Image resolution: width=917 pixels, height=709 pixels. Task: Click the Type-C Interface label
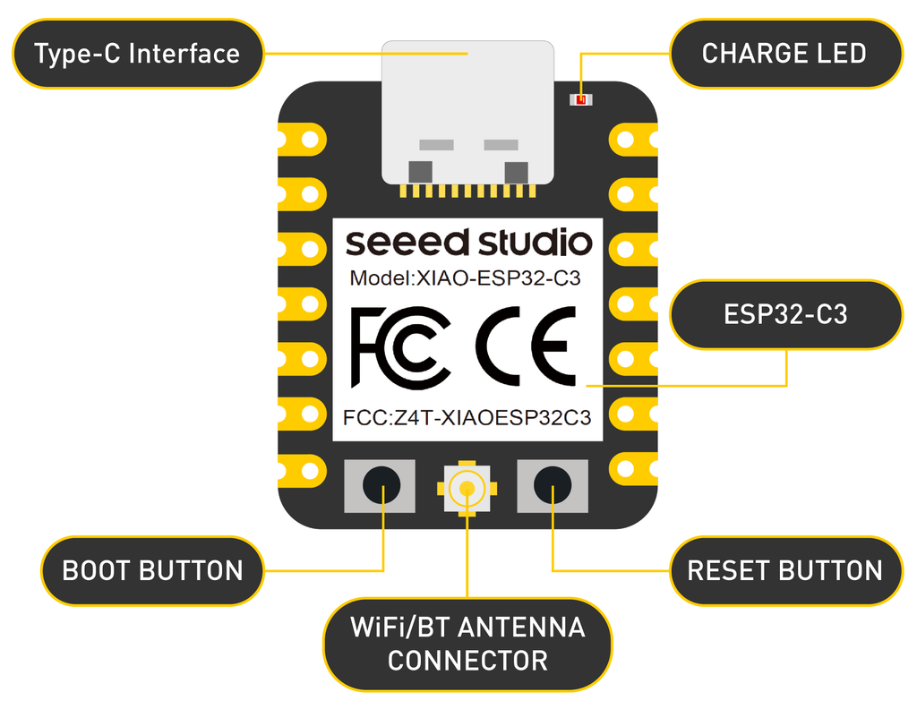137,54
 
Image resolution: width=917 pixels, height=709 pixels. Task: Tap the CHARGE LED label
784,54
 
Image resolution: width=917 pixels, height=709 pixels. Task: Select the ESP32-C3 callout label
785,314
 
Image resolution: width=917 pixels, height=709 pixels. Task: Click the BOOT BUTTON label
152,571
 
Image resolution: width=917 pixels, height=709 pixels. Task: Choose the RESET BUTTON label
784,571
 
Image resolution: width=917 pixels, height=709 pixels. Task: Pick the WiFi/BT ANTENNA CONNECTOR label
467,644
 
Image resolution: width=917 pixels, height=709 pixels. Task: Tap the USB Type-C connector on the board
467,112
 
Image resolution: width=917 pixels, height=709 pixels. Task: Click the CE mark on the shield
526,346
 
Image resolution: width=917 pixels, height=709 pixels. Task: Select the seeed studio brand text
468,243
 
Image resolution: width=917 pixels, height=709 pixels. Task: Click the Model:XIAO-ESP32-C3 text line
465,278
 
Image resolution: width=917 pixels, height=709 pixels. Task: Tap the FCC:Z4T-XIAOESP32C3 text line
467,418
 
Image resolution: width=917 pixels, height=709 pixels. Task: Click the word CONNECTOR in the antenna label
467,661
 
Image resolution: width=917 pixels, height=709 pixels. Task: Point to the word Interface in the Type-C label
184,54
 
